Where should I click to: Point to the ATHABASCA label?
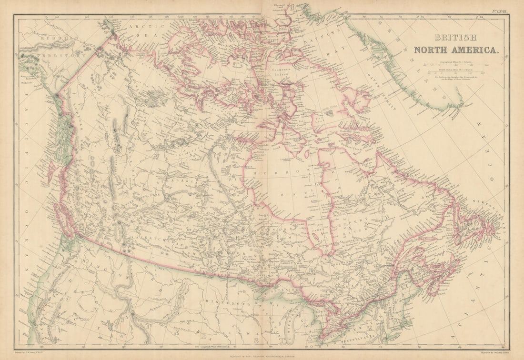coord(175,181)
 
